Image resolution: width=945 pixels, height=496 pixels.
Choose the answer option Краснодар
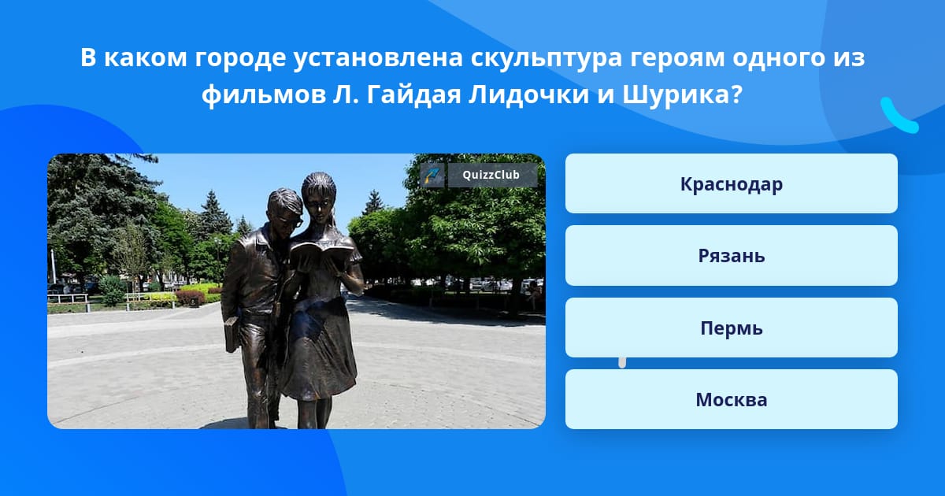coord(731,183)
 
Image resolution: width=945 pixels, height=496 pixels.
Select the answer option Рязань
coord(731,256)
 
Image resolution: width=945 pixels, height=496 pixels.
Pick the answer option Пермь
coord(731,328)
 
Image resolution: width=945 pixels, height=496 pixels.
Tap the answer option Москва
coord(731,399)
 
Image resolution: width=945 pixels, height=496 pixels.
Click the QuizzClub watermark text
coord(491,175)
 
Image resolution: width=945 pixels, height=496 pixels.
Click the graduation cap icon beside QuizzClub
coord(432,175)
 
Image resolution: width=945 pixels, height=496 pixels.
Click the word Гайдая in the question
coord(413,95)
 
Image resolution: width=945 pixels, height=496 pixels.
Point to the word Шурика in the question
coord(682,95)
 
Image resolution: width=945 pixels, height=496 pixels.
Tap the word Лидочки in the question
coord(528,95)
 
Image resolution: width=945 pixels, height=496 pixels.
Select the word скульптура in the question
coord(547,58)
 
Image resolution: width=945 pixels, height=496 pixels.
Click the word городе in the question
coord(240,58)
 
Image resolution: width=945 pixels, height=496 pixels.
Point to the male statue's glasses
coord(293,222)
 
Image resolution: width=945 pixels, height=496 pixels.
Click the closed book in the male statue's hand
coord(232,334)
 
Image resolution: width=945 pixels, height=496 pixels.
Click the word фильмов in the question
coord(263,95)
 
